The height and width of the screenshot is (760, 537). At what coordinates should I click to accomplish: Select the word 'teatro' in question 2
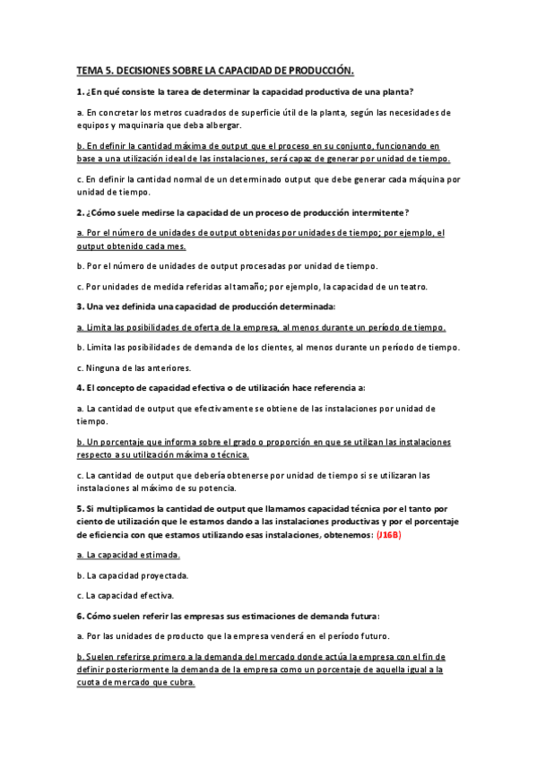410,286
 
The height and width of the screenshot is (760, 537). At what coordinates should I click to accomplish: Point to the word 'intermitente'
374,212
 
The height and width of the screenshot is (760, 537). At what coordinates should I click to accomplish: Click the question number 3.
80,307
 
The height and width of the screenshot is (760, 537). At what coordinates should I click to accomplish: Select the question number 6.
80,616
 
